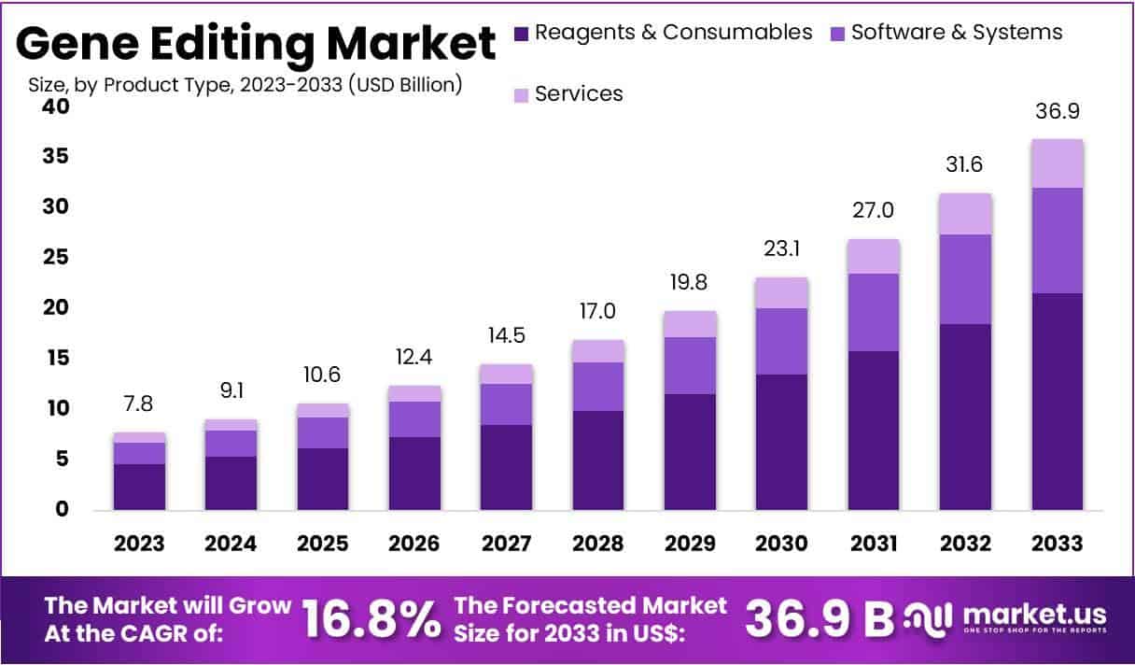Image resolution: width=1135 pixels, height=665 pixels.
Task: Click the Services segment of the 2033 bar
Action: pos(1057,163)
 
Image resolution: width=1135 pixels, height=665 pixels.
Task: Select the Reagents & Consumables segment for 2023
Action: pos(139,486)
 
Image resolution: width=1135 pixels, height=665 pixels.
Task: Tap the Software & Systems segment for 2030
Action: pos(782,341)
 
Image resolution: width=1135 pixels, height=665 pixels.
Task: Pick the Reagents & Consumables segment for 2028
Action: pos(598,460)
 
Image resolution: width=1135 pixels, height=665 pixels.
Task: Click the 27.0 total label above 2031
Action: pos(874,210)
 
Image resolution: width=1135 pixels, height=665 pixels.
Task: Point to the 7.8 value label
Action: pos(139,403)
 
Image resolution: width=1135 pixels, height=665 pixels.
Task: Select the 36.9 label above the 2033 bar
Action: pos(1057,111)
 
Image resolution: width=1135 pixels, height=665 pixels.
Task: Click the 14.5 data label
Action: pos(506,334)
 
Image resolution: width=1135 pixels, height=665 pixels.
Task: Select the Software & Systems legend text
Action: pos(957,33)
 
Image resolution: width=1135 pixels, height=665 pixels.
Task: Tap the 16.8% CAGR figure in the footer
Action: pos(371,618)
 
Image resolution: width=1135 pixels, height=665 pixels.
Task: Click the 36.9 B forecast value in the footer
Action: pos(818,618)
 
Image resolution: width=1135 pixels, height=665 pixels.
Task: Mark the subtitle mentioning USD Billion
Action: pos(245,85)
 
